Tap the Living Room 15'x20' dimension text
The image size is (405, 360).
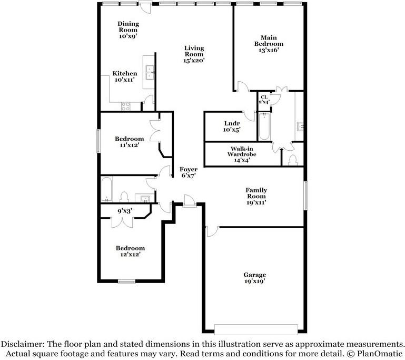(194, 61)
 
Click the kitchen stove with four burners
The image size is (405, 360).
(126, 106)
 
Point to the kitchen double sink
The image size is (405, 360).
(150, 72)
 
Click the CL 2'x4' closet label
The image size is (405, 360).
(264, 100)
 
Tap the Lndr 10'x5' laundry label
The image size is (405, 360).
(232, 127)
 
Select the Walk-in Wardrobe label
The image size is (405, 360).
(242, 154)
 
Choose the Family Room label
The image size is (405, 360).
(256, 196)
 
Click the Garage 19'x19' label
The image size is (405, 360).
(255, 278)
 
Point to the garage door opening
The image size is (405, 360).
(256, 329)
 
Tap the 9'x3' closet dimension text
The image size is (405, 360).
(125, 211)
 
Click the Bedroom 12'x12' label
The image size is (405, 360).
(130, 251)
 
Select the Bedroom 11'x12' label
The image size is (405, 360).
(130, 142)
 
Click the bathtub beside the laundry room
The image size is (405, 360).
(264, 126)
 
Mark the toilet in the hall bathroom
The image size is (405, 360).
(124, 197)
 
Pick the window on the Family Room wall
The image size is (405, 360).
(305, 196)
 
